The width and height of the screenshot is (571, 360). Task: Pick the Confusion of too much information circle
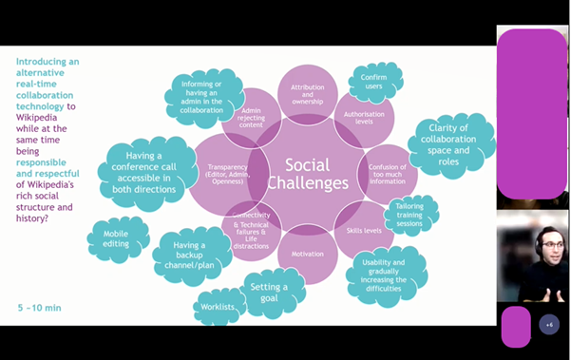coord(387,174)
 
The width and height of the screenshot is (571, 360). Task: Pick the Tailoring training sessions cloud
coord(411,216)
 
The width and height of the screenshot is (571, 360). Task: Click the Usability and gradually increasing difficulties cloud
coord(385,274)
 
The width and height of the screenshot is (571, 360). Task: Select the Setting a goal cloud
coord(270,293)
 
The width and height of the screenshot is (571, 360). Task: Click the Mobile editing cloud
coord(118,239)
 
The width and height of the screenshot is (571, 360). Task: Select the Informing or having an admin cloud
coord(202,96)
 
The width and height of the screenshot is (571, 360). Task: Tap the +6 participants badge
coord(548,325)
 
